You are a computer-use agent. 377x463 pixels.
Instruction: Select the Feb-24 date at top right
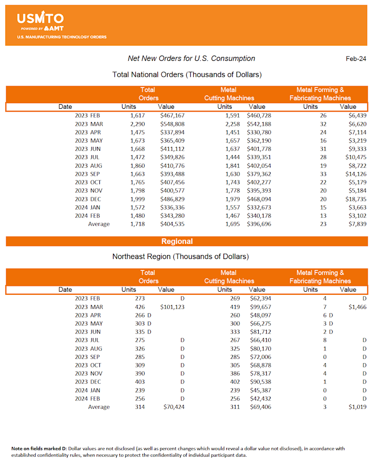point(356,59)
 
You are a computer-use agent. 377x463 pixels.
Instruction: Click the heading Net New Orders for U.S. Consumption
point(191,58)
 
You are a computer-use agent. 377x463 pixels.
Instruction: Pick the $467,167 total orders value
point(172,115)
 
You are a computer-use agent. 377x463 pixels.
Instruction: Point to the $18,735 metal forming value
point(354,199)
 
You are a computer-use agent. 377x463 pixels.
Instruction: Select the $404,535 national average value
point(172,224)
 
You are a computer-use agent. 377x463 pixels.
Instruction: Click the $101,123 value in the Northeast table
point(172,307)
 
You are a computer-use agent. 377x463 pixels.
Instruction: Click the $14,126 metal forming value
point(354,174)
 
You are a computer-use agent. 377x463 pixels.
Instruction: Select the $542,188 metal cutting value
point(259,124)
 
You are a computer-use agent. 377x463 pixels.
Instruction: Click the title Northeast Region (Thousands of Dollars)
point(180,257)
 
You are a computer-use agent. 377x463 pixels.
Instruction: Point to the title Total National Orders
point(187,74)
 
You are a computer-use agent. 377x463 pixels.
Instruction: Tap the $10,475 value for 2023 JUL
point(354,157)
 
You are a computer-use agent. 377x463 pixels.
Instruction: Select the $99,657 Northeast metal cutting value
point(259,307)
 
